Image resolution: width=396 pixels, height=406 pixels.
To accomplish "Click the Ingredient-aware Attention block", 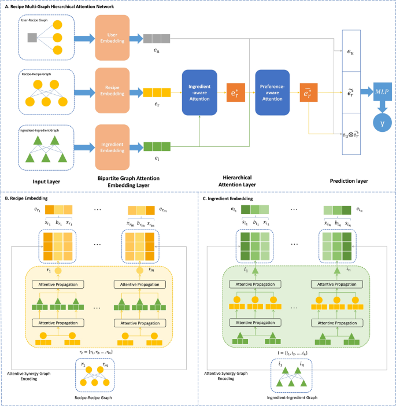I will point(199,93).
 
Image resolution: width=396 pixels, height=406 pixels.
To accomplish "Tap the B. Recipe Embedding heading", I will point(31,198).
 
